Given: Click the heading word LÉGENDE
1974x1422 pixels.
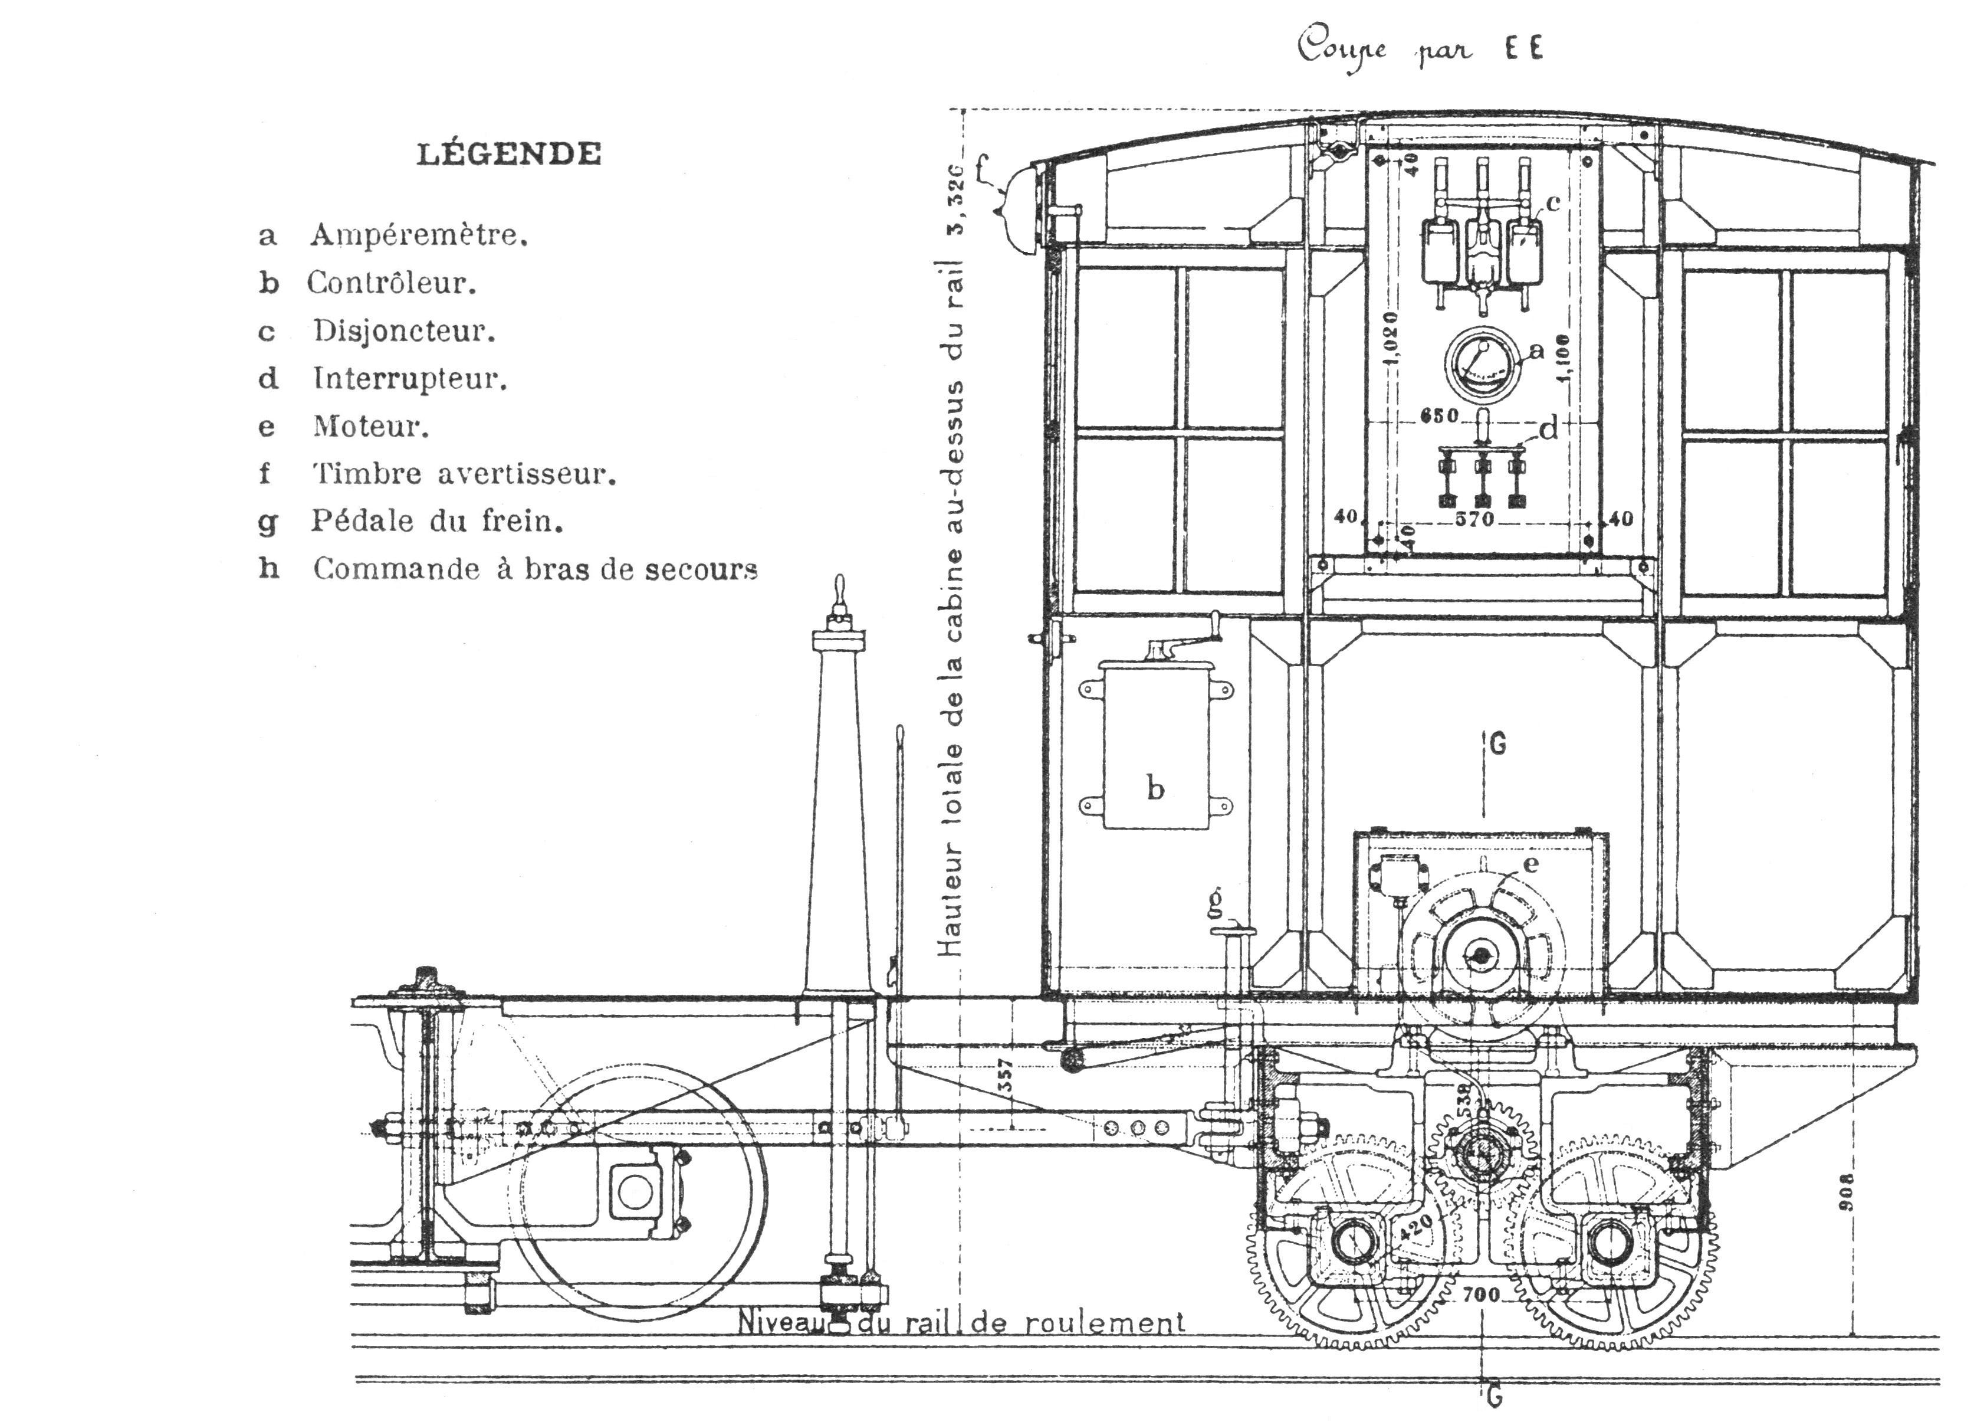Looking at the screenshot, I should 509,154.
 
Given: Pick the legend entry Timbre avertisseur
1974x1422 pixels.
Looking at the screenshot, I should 464,474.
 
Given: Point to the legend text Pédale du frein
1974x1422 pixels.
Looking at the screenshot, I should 437,521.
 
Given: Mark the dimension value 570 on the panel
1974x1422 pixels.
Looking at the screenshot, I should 1474,519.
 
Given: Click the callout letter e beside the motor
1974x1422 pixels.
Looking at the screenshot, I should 1531,863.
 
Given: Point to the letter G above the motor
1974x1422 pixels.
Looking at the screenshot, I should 1497,745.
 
